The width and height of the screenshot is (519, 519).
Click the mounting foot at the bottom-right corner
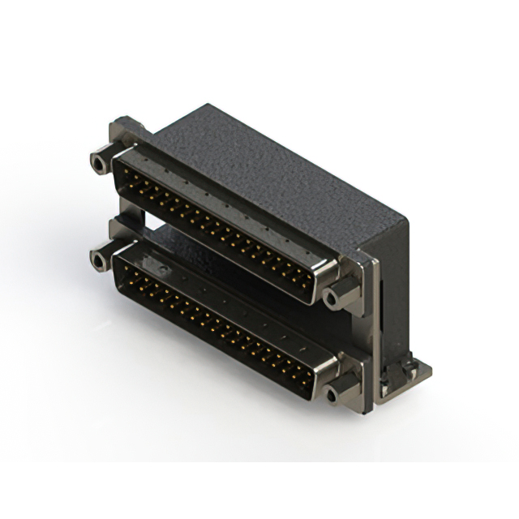pos(410,373)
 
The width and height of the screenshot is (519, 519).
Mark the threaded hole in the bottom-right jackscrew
pos(332,396)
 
